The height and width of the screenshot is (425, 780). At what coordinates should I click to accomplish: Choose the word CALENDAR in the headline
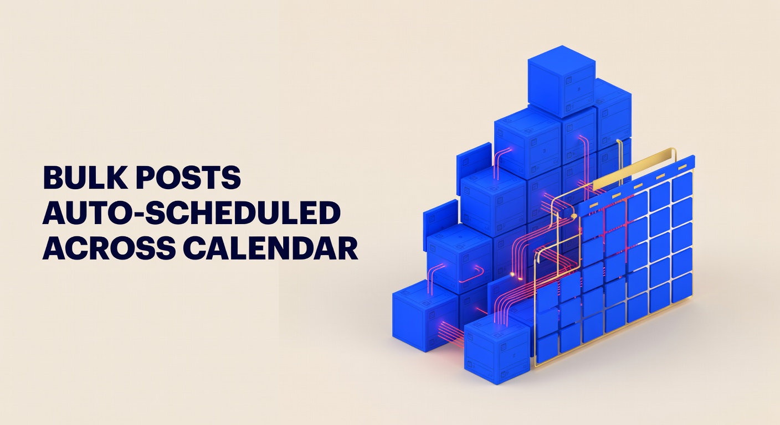[x=270, y=250]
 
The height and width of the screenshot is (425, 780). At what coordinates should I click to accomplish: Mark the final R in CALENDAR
[x=346, y=250]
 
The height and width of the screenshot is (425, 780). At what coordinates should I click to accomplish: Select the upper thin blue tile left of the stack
[x=474, y=160]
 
